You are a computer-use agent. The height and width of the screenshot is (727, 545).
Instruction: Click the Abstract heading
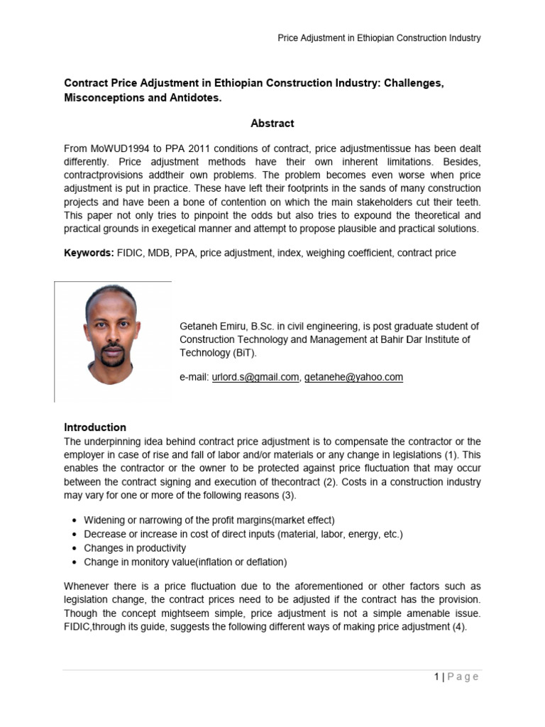coord(272,124)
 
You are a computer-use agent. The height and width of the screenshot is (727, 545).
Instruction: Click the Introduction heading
coord(95,427)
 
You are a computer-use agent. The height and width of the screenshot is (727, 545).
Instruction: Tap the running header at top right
coord(378,38)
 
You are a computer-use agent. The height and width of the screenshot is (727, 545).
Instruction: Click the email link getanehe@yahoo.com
coord(353,378)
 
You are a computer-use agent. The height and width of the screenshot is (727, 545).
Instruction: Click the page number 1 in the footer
coord(437,677)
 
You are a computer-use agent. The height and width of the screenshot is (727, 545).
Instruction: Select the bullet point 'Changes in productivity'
coord(135,548)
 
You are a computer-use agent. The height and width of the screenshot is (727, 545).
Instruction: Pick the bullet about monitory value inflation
coord(185,562)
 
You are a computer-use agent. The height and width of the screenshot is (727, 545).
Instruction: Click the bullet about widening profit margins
coord(209,520)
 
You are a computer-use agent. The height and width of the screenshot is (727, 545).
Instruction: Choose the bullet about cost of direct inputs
coord(243,534)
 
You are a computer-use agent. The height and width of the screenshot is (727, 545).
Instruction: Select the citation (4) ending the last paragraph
coord(459,627)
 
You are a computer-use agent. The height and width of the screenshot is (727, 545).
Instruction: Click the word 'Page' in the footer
coord(463,677)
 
